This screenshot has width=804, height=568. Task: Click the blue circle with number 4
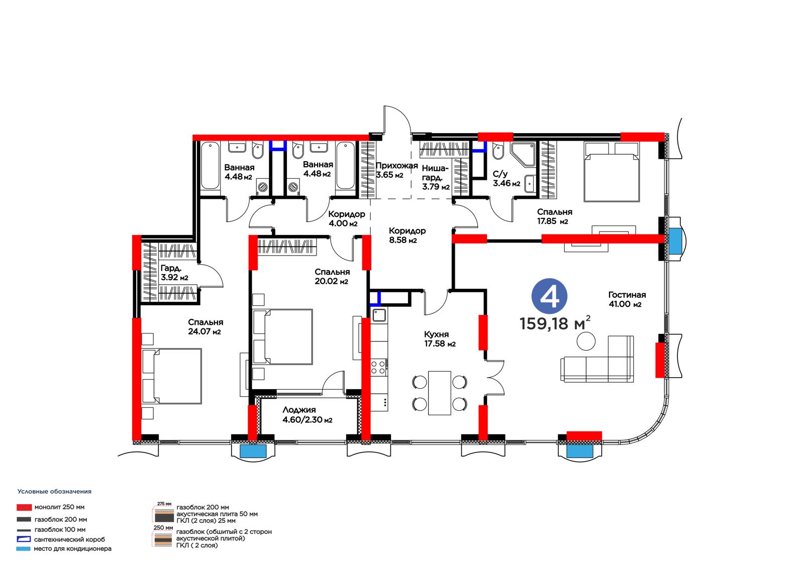tap(549, 296)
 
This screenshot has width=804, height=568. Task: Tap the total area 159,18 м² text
tap(555, 323)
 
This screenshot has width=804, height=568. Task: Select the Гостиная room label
tap(627, 295)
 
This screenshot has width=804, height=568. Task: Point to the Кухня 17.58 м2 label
tap(440, 339)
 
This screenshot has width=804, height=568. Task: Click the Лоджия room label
tap(299, 410)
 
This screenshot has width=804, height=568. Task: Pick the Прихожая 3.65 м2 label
tap(396, 170)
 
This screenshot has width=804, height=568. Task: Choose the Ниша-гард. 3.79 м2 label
tap(436, 177)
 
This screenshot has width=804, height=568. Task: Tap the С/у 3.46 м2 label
tap(506, 179)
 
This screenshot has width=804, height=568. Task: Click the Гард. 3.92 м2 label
tap(174, 273)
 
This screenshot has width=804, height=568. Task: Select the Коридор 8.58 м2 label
tap(407, 236)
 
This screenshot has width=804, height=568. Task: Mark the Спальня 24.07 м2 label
tap(206, 327)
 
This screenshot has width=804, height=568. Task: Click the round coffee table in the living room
tap(586, 341)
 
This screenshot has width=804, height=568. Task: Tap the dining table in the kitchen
tap(439, 393)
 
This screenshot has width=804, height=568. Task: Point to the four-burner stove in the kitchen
tap(379, 368)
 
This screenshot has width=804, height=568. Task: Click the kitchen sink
tap(379, 315)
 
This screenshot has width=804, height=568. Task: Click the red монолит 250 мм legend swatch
tap(24, 507)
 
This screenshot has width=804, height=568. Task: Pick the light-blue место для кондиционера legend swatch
tap(23, 548)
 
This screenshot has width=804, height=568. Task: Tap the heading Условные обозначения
tap(55, 492)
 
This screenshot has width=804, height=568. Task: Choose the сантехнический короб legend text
tap(70, 539)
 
